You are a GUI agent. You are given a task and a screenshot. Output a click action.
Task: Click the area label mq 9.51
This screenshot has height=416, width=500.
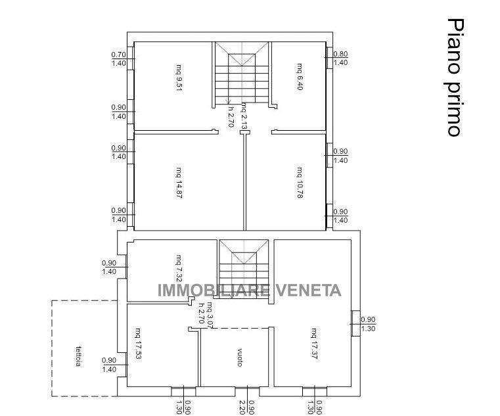pyautogui.click(x=179, y=77)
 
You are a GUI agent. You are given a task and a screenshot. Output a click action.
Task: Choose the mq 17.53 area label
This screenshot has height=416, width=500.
pyautogui.click(x=138, y=344)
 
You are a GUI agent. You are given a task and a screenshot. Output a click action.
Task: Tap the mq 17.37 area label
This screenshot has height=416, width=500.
pyautogui.click(x=314, y=343)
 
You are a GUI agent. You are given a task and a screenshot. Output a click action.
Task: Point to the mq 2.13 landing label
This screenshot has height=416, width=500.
pyautogui.click(x=244, y=116)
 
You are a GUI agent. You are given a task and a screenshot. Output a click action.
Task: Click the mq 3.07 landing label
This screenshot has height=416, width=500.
pyautogui.click(x=210, y=314)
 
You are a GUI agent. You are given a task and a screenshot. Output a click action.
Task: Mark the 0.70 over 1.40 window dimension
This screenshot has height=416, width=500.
pyautogui.click(x=119, y=58)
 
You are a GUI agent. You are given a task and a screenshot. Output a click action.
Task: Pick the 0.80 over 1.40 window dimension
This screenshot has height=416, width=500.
pyautogui.click(x=340, y=58)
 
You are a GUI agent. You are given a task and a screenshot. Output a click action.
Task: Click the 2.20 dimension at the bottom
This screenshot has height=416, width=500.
pyautogui.click(x=242, y=407)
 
